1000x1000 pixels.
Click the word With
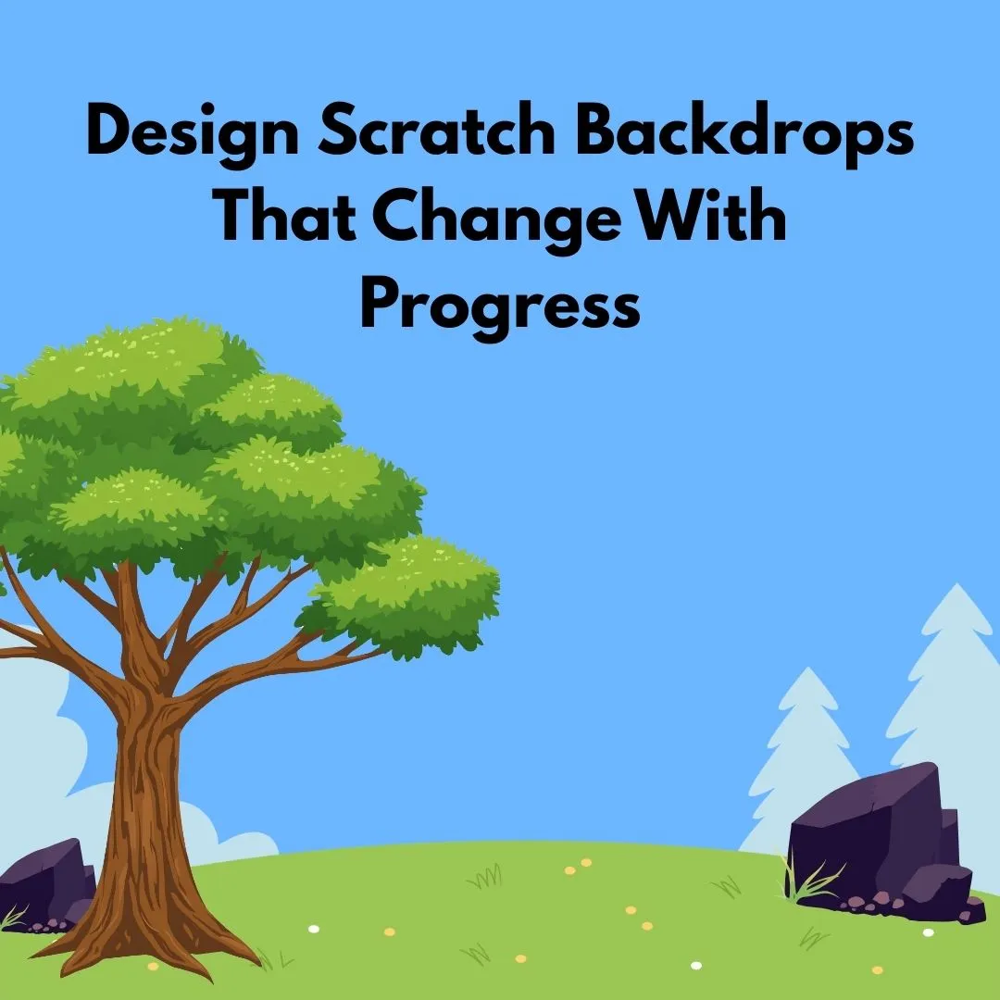click(x=709, y=219)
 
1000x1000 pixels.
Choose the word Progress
click(x=500, y=306)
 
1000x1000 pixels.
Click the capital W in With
click(x=665, y=219)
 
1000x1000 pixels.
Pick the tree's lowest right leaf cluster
click(x=407, y=593)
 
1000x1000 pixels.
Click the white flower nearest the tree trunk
click(x=313, y=928)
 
